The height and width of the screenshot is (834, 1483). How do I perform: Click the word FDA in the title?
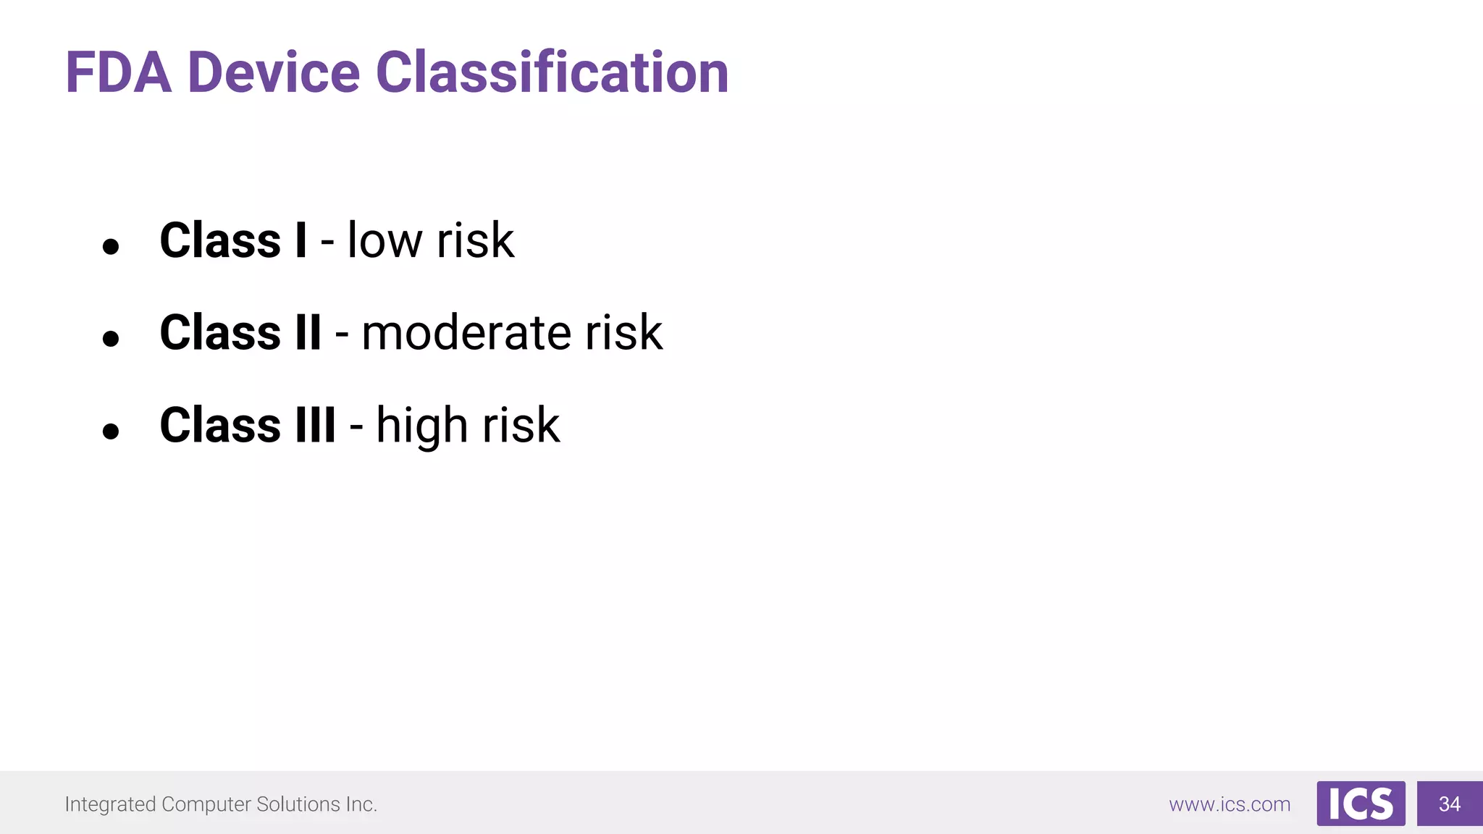tap(119, 72)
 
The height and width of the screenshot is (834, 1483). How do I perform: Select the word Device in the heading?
tap(274, 72)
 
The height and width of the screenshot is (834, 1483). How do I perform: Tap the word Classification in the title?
tap(552, 72)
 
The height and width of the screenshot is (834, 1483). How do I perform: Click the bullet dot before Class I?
tap(111, 247)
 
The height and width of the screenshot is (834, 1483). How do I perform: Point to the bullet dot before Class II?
tap(111, 338)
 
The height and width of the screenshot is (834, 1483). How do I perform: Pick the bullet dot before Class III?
tap(111, 431)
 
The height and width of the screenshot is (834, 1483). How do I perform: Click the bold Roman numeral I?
tap(301, 240)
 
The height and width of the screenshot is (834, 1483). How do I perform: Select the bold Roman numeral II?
tap(308, 333)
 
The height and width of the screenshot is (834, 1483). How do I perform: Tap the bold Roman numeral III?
tap(315, 425)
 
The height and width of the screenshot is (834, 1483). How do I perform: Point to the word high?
tap(421, 426)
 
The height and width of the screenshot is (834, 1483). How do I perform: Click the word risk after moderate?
tap(623, 333)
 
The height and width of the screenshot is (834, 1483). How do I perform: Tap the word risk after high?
tap(521, 425)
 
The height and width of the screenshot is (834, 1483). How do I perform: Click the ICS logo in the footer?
tap(1361, 804)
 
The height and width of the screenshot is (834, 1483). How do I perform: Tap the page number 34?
tap(1450, 804)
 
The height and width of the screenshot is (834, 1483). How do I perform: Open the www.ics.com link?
tap(1230, 804)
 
